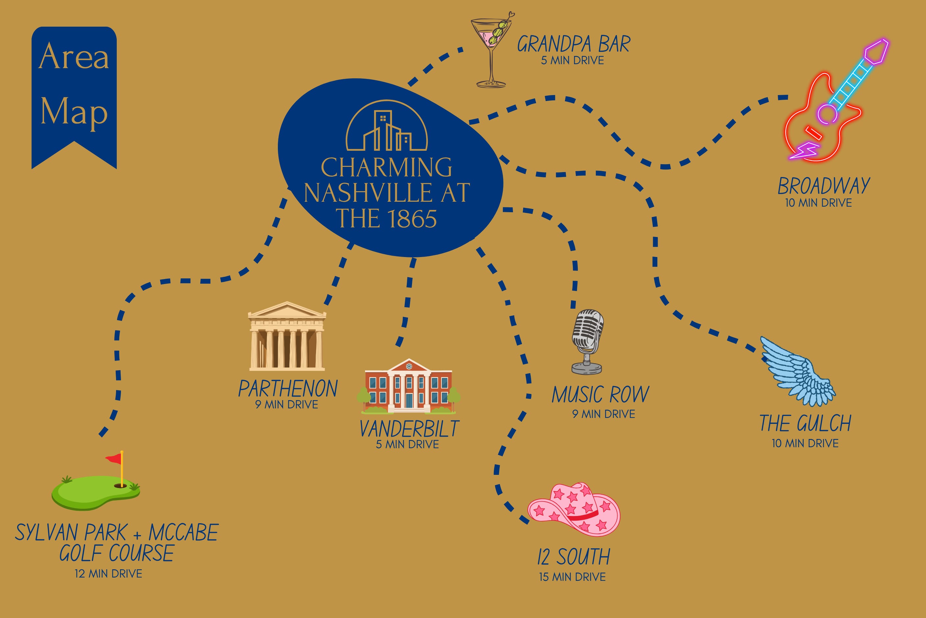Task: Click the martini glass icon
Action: coord(491,49)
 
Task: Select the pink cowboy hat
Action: coord(574,509)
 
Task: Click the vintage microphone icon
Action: coord(587,341)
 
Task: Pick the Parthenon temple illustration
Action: coord(287,336)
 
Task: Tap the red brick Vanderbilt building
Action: coord(408,386)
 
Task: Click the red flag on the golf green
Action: coord(114,458)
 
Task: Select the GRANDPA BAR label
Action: coord(573,44)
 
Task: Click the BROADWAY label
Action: coord(824,186)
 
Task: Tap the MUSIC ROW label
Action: coord(600,395)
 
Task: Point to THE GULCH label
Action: coord(805,423)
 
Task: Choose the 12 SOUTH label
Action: coord(574,557)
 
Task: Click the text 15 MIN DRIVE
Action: coord(572,577)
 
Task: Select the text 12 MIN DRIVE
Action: coord(108,574)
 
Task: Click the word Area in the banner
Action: coord(74,57)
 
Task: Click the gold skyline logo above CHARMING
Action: coord(386,125)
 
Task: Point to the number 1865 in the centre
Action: coord(412,219)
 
